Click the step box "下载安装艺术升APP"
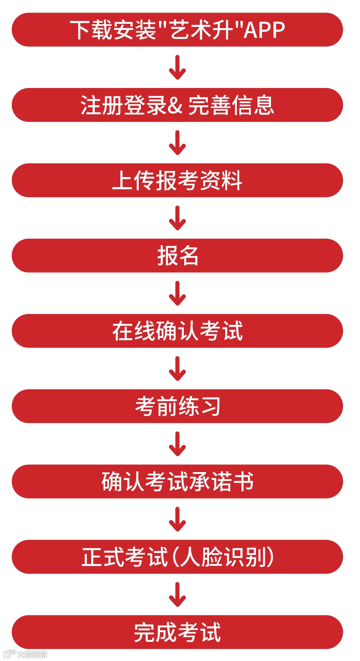pyautogui.click(x=177, y=30)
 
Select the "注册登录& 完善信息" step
pyautogui.click(x=177, y=105)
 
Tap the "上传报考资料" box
pyautogui.click(x=177, y=180)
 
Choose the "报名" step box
pyautogui.click(x=177, y=256)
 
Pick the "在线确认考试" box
pyautogui.click(x=177, y=331)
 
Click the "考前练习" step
pyautogui.click(x=177, y=406)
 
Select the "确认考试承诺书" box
pyautogui.click(x=177, y=482)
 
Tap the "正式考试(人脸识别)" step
pyautogui.click(x=177, y=557)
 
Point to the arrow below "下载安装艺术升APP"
pyautogui.click(x=177, y=67)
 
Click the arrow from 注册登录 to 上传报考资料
pyautogui.click(x=177, y=143)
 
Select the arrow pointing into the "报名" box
pyautogui.click(x=177, y=218)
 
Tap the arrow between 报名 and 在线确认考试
pyautogui.click(x=177, y=294)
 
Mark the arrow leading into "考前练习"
pyautogui.click(x=177, y=369)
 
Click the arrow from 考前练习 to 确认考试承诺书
pyautogui.click(x=177, y=444)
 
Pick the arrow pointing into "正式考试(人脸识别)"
pyautogui.click(x=177, y=520)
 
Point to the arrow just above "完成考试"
pyautogui.click(x=177, y=595)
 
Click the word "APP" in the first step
pyautogui.click(x=264, y=30)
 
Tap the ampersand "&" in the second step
pyautogui.click(x=175, y=105)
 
